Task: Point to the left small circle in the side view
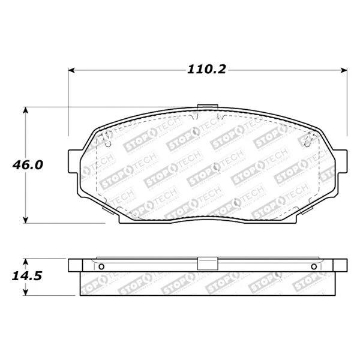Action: [101, 267]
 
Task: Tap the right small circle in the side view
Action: [314, 267]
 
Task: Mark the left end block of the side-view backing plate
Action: [75, 265]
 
